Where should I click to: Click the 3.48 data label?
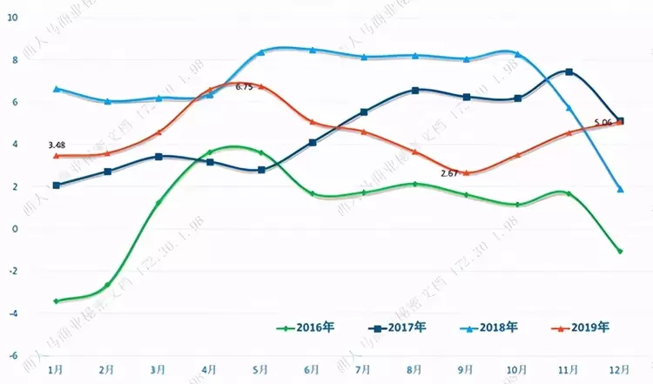pos(58,145)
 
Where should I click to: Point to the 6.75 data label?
pos(245,87)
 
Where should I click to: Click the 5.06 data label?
pos(604,123)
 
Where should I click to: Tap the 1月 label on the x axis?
pos(56,370)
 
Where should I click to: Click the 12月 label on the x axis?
pos(620,370)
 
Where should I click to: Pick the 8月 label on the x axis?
pos(415,370)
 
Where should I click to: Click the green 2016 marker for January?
pos(56,301)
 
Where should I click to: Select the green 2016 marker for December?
pos(620,251)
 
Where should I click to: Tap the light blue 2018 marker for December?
pos(620,189)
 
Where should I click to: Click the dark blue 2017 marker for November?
pos(569,71)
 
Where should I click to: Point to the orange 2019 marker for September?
pos(467,172)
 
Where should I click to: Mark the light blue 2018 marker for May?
pos(261,52)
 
